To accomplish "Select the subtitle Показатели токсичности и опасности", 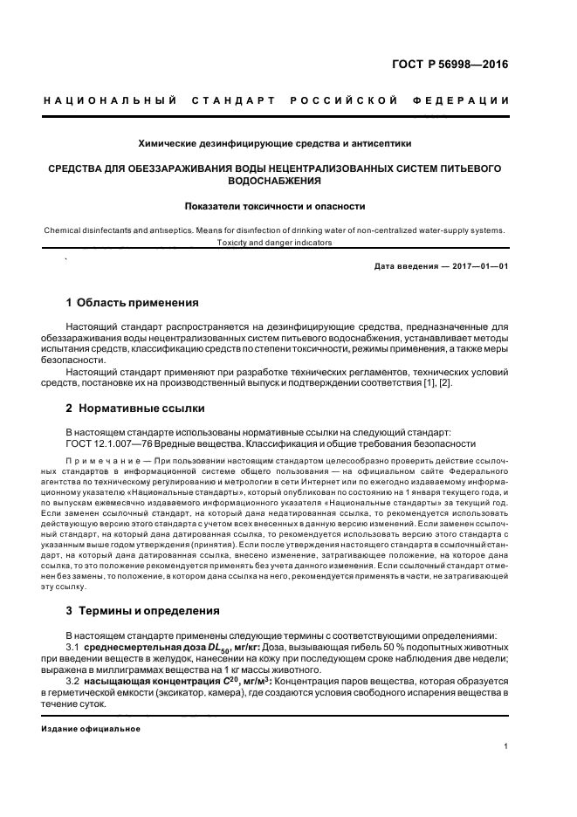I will click(274, 207).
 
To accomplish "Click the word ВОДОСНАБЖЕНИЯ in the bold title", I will click(274, 182).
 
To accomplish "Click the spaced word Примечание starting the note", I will click(100, 459).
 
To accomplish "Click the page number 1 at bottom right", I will click(506, 746).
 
